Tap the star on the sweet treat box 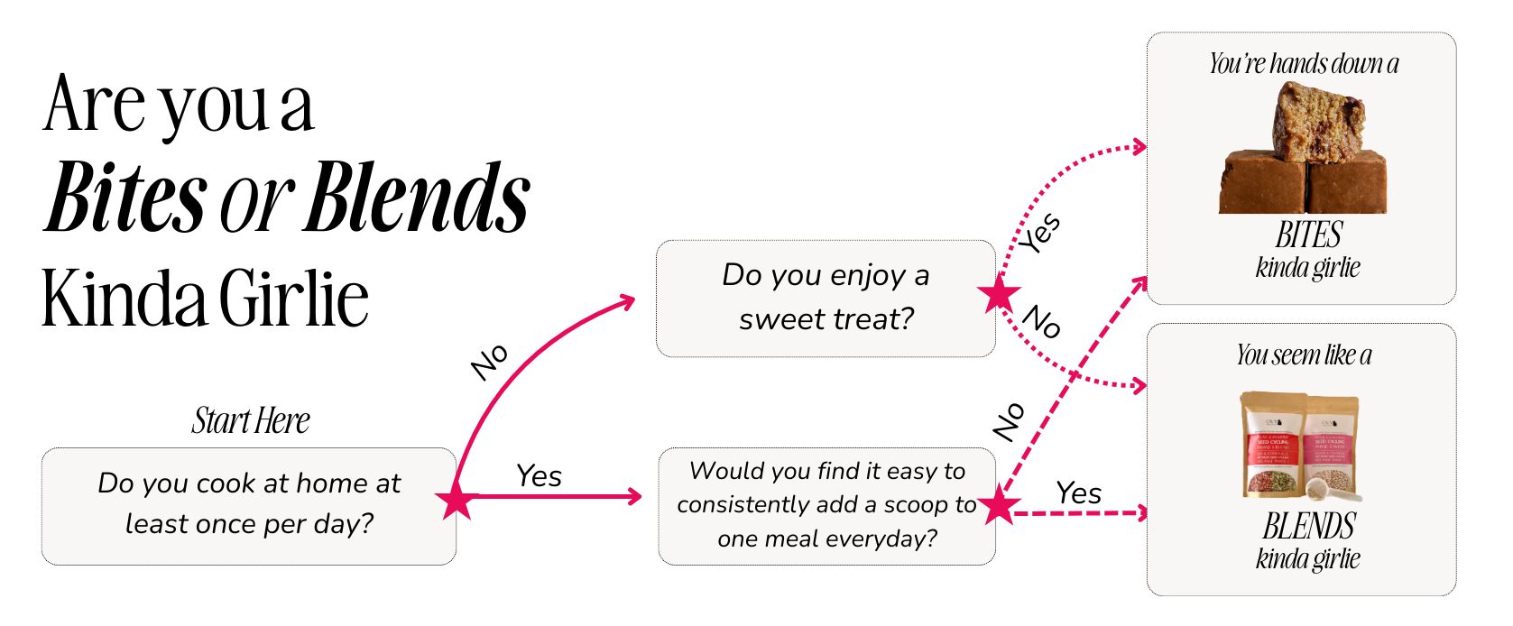[999, 294]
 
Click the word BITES [1308, 235]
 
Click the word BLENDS [1308, 526]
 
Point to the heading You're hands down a [1304, 63]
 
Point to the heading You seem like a [1304, 354]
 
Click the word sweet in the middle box [779, 319]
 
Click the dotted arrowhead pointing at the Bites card [1139, 146]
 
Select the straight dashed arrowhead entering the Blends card [1142, 513]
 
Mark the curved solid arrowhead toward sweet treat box [628, 301]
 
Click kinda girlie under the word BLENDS [1308, 559]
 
